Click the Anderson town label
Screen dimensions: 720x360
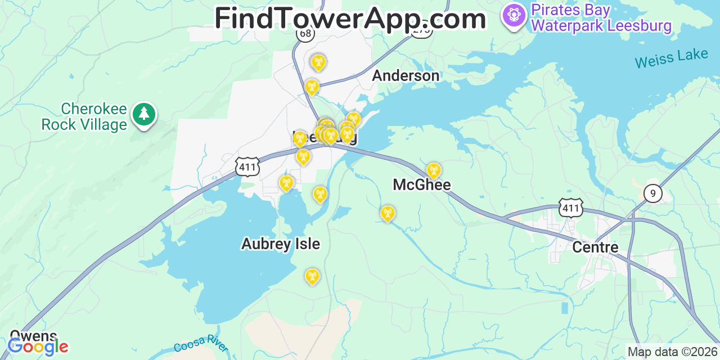[x=406, y=76]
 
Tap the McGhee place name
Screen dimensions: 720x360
[x=422, y=184]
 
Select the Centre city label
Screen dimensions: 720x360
[x=595, y=247]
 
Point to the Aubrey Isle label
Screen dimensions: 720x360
[x=281, y=244]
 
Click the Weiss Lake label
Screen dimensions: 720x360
[x=672, y=58]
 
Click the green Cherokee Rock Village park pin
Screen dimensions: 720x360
[x=145, y=114]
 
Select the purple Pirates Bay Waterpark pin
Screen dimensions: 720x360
[x=514, y=16]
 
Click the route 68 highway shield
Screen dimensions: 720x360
[x=305, y=34]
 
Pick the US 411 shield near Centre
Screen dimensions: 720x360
[x=570, y=208]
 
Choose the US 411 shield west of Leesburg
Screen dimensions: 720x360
[x=247, y=167]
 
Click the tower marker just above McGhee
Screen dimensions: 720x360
[x=433, y=170]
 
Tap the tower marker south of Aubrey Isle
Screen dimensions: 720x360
[x=312, y=276]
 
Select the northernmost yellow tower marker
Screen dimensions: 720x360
[x=318, y=62]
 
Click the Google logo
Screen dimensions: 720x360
[x=38, y=346]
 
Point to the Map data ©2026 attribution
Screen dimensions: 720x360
[x=673, y=352]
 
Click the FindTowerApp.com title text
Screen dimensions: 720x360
[x=350, y=19]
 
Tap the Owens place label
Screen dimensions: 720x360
[x=33, y=336]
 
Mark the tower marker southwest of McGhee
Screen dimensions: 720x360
[x=387, y=213]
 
